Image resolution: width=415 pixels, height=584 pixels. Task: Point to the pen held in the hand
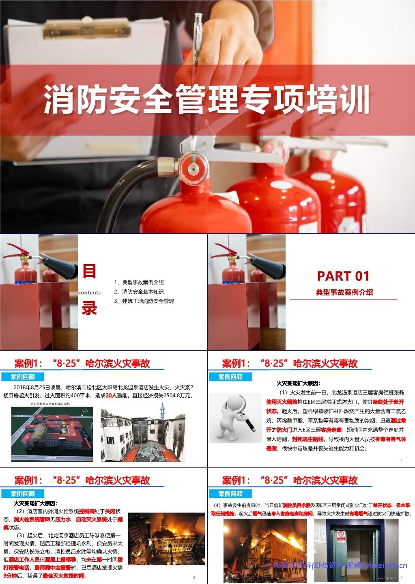tap(198, 37)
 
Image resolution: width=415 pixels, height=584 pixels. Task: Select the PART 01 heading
tap(343, 276)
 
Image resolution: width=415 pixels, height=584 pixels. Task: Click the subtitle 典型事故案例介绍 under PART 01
tap(344, 292)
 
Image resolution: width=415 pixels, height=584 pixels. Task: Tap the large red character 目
tap(90, 272)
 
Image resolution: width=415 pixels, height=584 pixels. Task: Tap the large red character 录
tap(90, 309)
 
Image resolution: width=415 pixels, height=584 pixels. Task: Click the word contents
tap(90, 292)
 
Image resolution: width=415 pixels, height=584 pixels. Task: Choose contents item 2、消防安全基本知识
tap(139, 292)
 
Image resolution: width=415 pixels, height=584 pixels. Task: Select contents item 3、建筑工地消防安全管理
tap(144, 301)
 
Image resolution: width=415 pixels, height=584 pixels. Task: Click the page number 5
tap(401, 461)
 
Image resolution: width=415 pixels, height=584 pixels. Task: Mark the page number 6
tap(194, 578)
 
